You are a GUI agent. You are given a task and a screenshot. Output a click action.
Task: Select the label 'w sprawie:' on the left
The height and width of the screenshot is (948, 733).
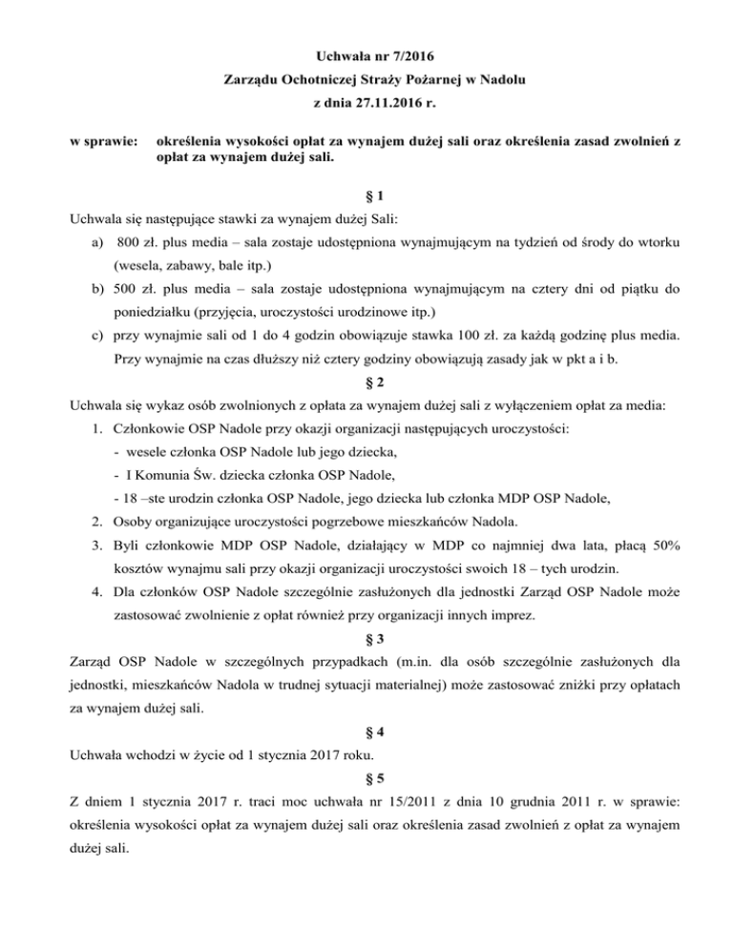101,143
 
